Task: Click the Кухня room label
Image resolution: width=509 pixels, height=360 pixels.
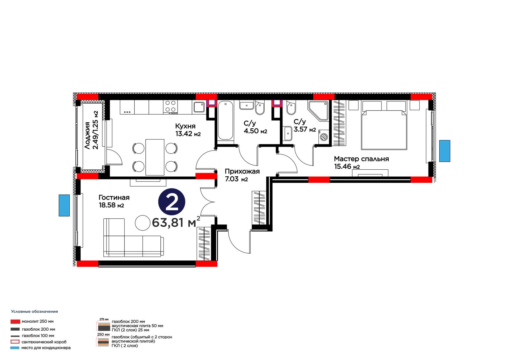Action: click(185, 126)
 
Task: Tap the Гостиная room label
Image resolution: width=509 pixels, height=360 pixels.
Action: click(114, 197)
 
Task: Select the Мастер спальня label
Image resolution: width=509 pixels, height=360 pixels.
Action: click(361, 159)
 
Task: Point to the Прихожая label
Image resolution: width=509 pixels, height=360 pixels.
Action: click(242, 171)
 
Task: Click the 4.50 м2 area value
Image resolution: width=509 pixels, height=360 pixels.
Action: click(255, 131)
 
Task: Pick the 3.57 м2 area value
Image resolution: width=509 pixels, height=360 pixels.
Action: click(305, 130)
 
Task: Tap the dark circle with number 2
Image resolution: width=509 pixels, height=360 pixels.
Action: click(171, 202)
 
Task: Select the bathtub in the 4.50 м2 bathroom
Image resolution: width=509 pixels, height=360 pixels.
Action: click(226, 120)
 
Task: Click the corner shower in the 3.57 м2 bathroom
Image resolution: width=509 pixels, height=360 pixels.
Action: click(318, 111)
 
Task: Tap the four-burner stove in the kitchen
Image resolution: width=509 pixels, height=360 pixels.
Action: click(171, 107)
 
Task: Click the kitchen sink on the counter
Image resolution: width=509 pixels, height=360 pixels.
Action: click(199, 107)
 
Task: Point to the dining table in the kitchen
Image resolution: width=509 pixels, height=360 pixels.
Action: click(155, 157)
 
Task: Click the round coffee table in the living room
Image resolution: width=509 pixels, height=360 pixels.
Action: click(143, 223)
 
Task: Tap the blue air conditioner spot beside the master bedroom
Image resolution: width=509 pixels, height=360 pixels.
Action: click(444, 151)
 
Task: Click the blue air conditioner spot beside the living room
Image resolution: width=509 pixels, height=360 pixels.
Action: click(64, 205)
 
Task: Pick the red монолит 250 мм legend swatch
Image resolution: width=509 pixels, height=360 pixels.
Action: click(15, 321)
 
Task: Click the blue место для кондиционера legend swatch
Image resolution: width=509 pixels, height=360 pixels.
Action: click(15, 348)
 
